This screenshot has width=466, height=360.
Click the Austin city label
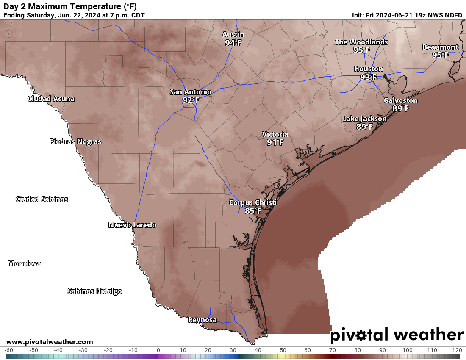(x=233, y=34)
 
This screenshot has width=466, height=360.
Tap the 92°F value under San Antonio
(x=191, y=100)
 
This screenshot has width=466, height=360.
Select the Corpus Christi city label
(x=252, y=202)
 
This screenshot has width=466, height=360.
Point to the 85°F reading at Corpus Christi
(x=253, y=210)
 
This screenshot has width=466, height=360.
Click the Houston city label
(x=369, y=69)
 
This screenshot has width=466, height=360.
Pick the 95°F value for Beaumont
(x=440, y=55)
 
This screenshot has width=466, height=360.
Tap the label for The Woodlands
(x=361, y=42)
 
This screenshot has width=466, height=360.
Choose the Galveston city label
(x=400, y=100)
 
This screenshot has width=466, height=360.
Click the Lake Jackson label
(x=364, y=119)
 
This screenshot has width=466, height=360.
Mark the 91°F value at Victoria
(x=275, y=142)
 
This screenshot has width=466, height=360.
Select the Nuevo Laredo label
(x=132, y=225)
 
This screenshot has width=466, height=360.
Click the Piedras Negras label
(x=75, y=141)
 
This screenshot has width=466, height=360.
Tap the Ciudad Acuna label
(x=51, y=99)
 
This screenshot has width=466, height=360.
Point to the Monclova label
(x=25, y=263)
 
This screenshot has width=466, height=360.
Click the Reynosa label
(x=202, y=320)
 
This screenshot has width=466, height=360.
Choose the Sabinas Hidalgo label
(x=95, y=291)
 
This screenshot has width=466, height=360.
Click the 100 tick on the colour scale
(x=408, y=350)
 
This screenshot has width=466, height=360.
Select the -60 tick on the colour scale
(x=8, y=350)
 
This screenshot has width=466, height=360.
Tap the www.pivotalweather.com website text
(x=50, y=342)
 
